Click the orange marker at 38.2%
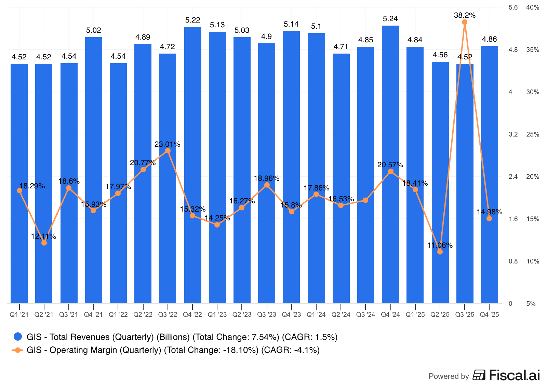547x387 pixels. click(465, 22)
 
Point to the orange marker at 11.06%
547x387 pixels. click(440, 252)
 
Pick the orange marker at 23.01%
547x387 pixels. click(168, 151)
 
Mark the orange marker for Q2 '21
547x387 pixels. click(44, 243)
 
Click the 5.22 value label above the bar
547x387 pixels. click(192, 20)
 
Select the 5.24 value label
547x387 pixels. click(390, 19)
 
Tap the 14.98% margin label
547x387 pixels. click(489, 212)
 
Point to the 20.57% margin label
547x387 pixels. click(390, 165)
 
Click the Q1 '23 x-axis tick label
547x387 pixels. click(217, 315)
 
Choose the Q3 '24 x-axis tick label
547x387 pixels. click(365, 315)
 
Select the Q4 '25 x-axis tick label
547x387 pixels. click(489, 315)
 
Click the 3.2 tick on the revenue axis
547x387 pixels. click(513, 134)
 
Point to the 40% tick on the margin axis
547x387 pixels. click(532, 8)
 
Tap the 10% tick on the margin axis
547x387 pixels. click(532, 261)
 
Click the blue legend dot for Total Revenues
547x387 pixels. click(18, 337)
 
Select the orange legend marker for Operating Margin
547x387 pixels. click(18, 350)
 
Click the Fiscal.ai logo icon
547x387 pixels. click(479, 375)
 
